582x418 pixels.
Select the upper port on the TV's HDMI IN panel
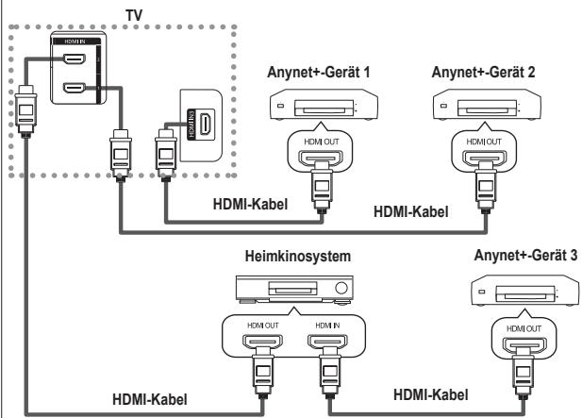pyautogui.click(x=72, y=60)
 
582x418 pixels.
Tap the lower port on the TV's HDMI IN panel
pyautogui.click(x=72, y=90)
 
